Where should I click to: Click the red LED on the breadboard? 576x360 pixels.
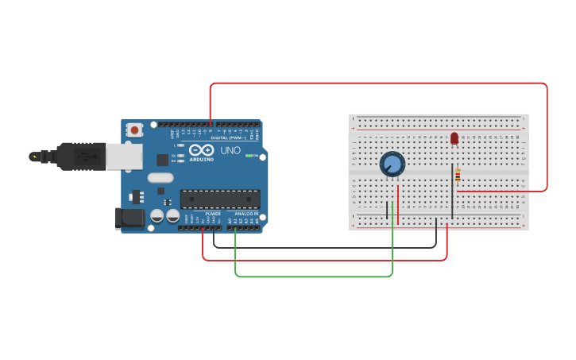coord(454,138)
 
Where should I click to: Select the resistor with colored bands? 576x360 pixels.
coord(458,176)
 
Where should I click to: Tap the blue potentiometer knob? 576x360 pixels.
coord(392,165)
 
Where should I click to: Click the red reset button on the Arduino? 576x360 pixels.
coord(135,130)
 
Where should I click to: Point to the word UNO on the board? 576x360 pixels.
coord(230,151)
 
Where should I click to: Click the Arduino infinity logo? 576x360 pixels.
coord(201,150)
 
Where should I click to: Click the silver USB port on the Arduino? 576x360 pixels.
coord(125,157)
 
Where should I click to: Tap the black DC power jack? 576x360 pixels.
coord(129,218)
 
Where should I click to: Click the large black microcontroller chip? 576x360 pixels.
coord(220,199)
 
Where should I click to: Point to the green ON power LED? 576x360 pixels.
coord(249,156)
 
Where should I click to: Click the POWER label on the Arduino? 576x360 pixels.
coord(213,214)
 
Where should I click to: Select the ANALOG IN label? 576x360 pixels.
coord(246,214)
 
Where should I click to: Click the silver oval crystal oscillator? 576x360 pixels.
coord(160,178)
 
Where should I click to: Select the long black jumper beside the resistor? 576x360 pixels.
coord(452,191)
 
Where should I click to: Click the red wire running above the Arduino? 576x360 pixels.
coord(378,83)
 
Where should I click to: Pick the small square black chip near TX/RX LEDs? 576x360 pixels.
coord(162,160)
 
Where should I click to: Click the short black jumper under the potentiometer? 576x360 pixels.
coord(387,210)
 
